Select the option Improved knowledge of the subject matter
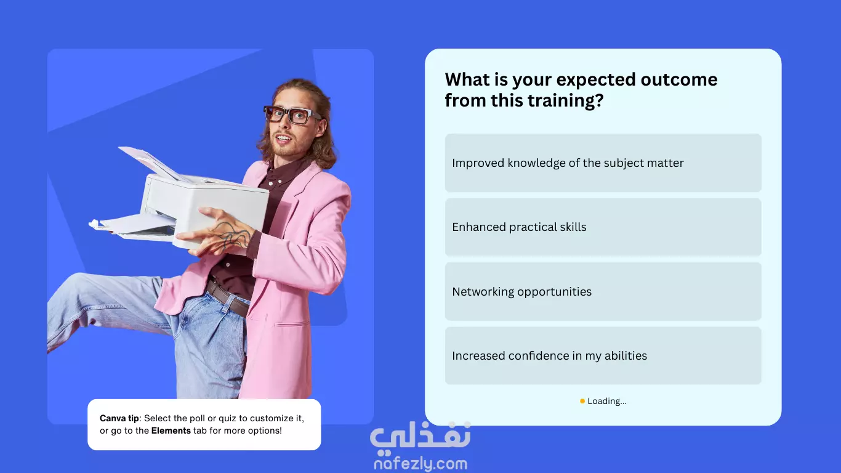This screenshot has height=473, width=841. pyautogui.click(x=603, y=163)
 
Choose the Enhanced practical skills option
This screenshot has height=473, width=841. pyautogui.click(x=603, y=227)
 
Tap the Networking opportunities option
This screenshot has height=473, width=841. pyautogui.click(x=603, y=291)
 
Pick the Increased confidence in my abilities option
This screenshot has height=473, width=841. pyautogui.click(x=603, y=355)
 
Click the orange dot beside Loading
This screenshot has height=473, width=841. pyautogui.click(x=582, y=401)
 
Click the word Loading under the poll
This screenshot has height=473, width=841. pyautogui.click(x=606, y=401)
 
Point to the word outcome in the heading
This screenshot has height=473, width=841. pyautogui.click(x=679, y=79)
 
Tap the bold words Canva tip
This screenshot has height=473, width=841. pyautogui.click(x=119, y=419)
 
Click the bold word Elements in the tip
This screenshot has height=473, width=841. pyautogui.click(x=171, y=431)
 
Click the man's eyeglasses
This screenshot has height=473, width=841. pyautogui.click(x=291, y=114)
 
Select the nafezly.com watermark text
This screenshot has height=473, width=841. pyautogui.click(x=420, y=464)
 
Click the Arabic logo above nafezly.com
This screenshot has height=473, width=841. pyautogui.click(x=420, y=436)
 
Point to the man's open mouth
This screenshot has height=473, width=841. pyautogui.click(x=283, y=139)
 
